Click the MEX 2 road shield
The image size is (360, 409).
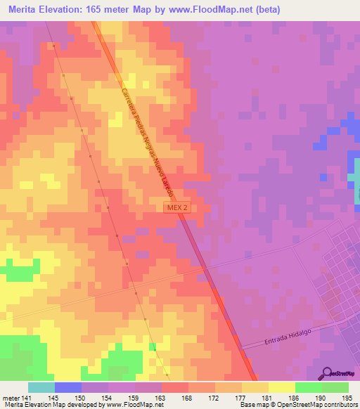coord(176,208)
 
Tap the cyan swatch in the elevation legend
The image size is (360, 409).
coord(41,387)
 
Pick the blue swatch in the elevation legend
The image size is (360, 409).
coord(68,387)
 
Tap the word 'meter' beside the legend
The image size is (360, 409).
coord(11,397)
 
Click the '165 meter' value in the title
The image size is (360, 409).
coord(109,10)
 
